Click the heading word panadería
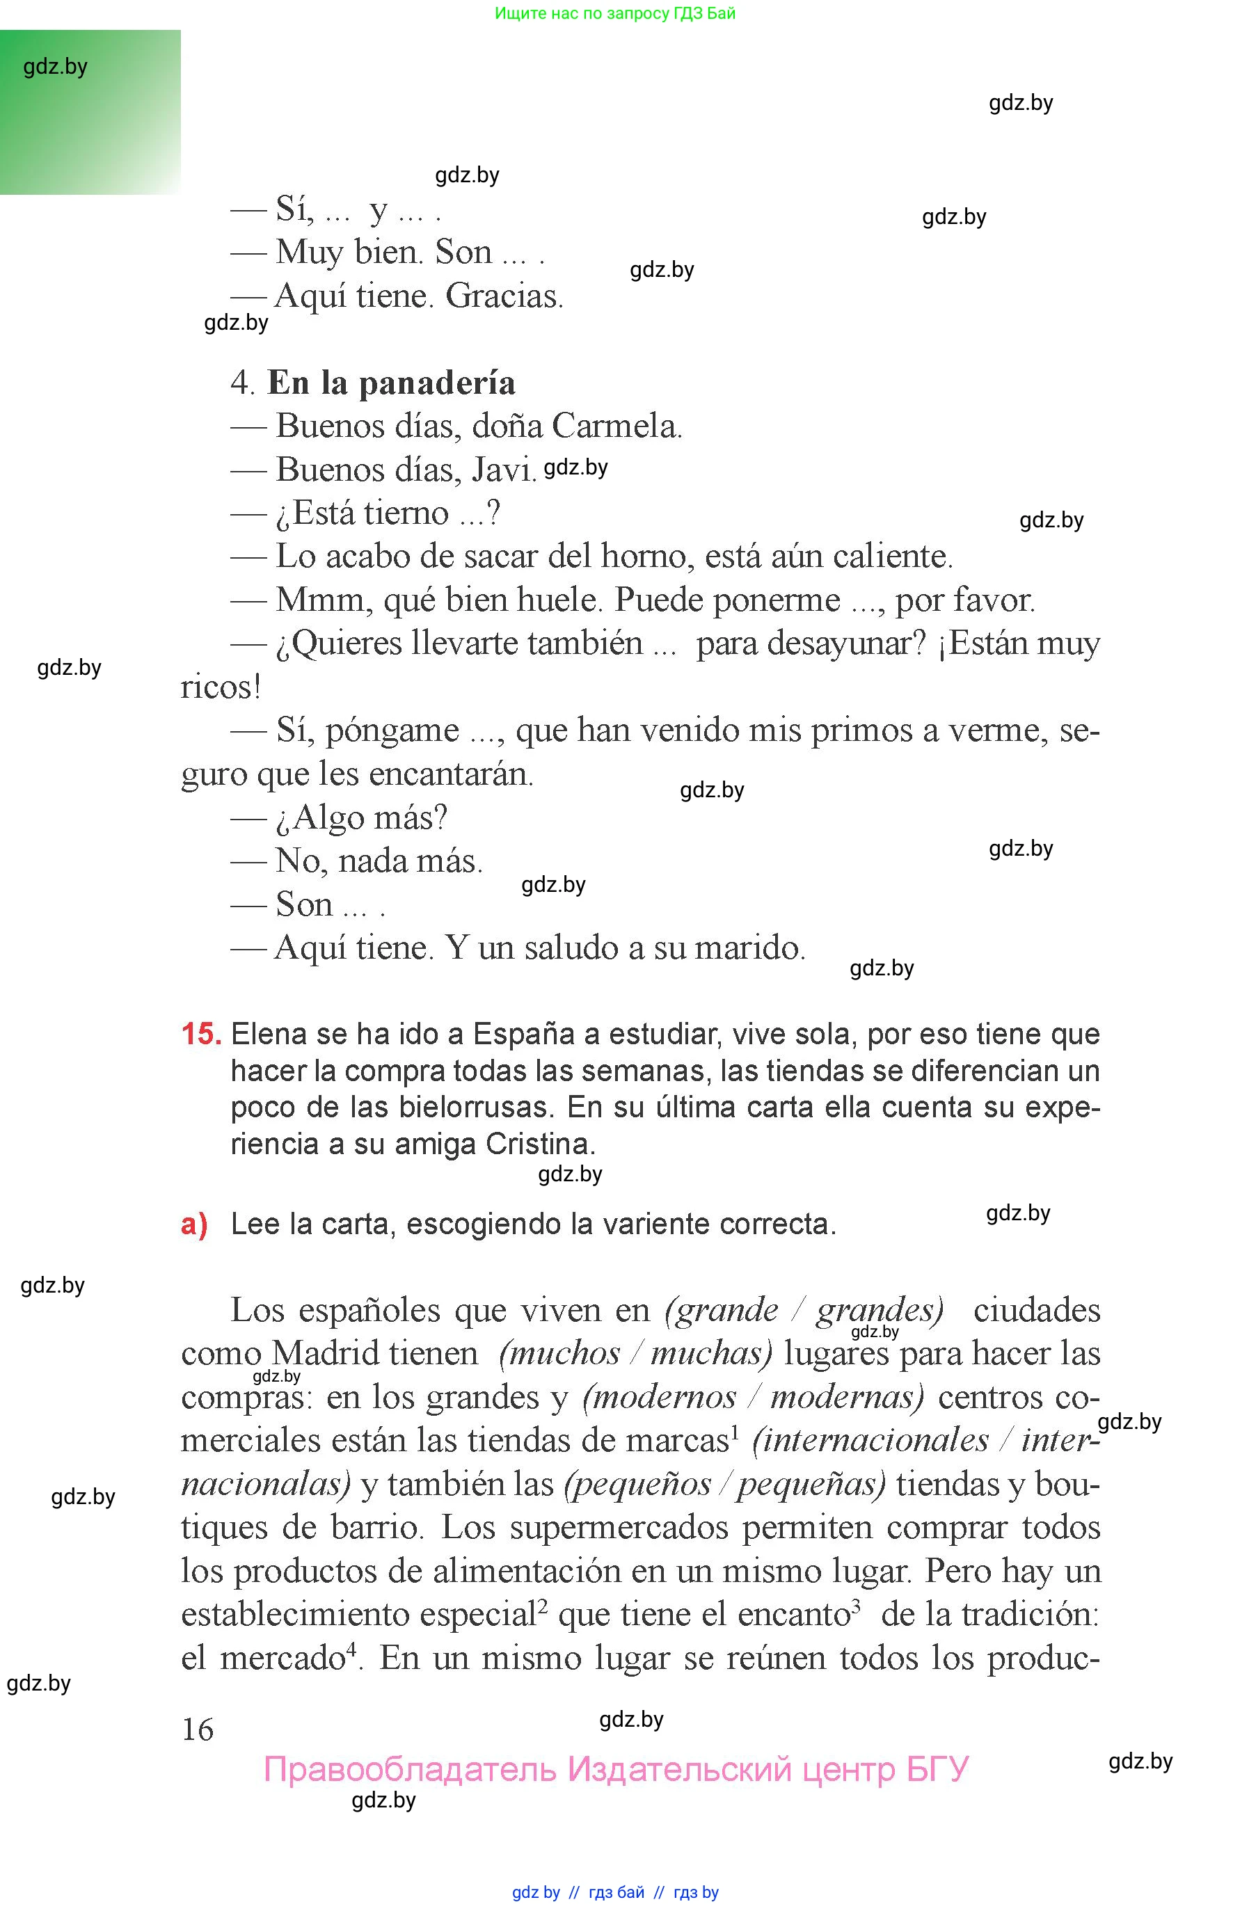[436, 383]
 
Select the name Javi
[503, 470]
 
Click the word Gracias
[504, 296]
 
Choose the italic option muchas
[711, 1354]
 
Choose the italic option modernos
[660, 1397]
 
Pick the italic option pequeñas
[811, 1484]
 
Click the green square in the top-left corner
[90, 112]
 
